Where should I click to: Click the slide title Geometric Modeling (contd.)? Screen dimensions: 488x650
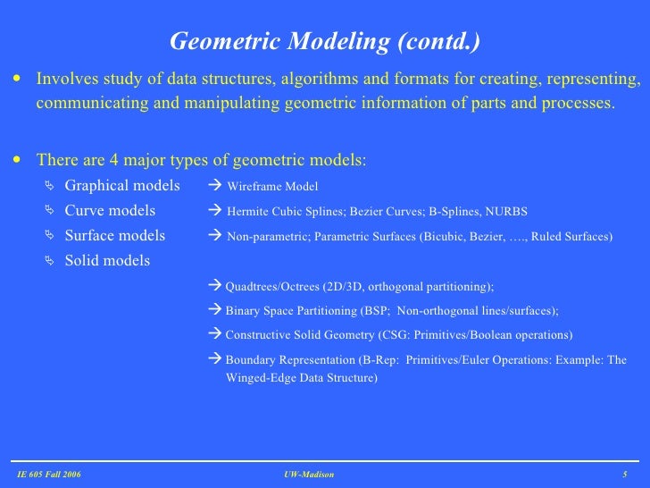point(325,42)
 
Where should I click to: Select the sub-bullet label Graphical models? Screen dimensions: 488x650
point(122,186)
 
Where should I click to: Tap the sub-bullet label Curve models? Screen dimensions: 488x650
point(110,211)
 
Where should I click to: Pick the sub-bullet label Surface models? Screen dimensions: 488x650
point(115,236)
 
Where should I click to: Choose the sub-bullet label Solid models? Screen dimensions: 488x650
point(107,261)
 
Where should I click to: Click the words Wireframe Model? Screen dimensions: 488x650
point(272,187)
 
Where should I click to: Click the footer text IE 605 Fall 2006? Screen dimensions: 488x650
point(49,474)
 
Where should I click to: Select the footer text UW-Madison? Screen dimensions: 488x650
point(309,474)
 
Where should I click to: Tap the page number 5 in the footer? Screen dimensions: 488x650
point(625,474)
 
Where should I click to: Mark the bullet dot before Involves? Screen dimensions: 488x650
point(18,80)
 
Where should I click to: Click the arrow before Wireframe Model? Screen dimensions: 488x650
point(213,186)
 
